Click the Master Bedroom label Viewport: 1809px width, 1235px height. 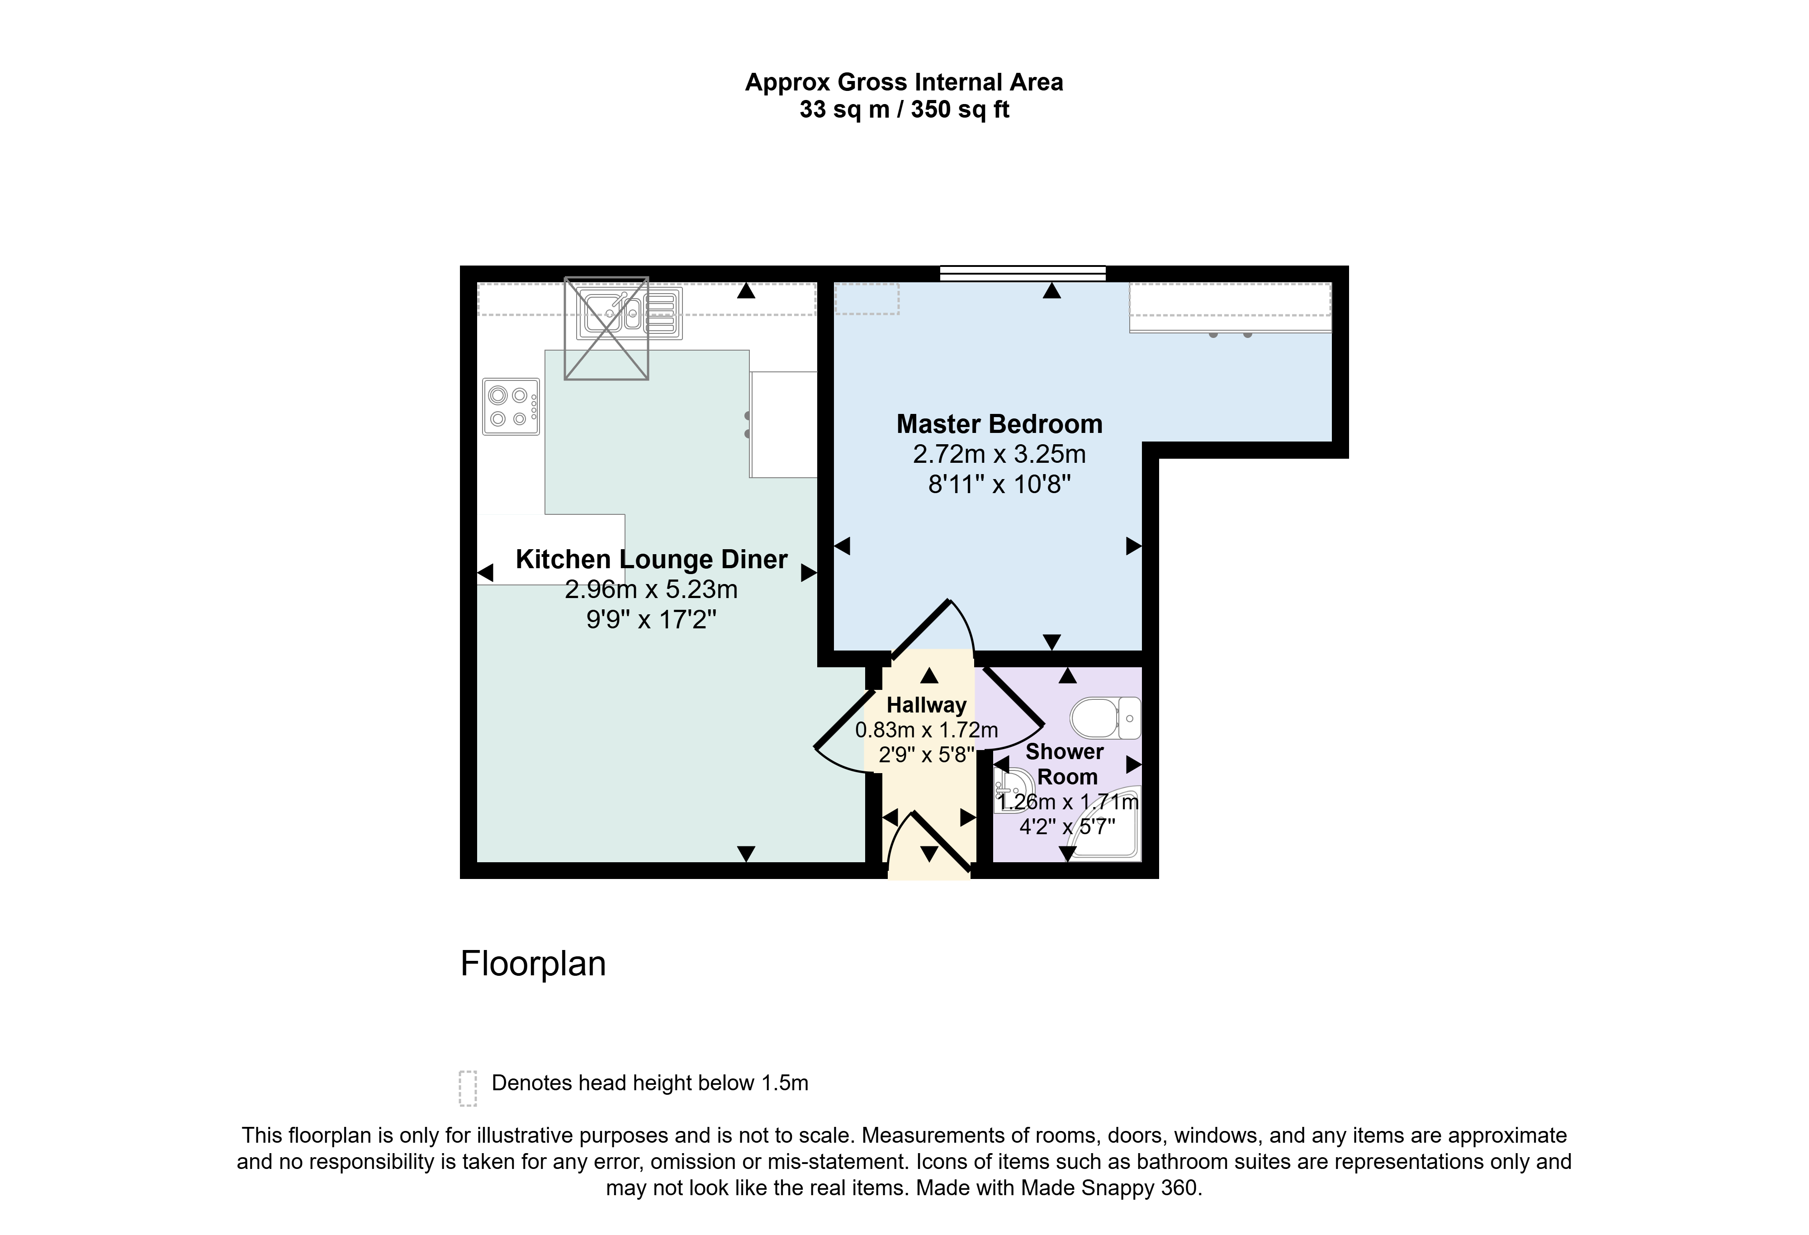pyautogui.click(x=999, y=424)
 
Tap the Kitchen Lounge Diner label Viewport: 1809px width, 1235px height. pyautogui.click(x=652, y=560)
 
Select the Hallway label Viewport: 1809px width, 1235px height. pyautogui.click(x=926, y=706)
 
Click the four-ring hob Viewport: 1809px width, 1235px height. pyautogui.click(x=511, y=407)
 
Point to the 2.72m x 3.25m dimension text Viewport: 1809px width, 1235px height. pyautogui.click(x=999, y=455)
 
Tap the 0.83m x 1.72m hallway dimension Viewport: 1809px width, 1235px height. pyautogui.click(x=926, y=731)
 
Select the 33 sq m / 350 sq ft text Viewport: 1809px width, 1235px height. pyautogui.click(x=904, y=110)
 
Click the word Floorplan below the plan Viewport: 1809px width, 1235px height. pyautogui.click(x=533, y=964)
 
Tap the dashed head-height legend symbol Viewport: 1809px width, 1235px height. pyautogui.click(x=467, y=1088)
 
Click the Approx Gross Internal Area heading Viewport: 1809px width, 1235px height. pyautogui.click(x=904, y=82)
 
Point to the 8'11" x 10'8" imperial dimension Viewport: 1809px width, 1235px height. pyautogui.click(x=999, y=485)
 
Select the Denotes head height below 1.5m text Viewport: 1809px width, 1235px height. pyautogui.click(x=650, y=1083)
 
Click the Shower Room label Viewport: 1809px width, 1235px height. pyautogui.click(x=1066, y=764)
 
